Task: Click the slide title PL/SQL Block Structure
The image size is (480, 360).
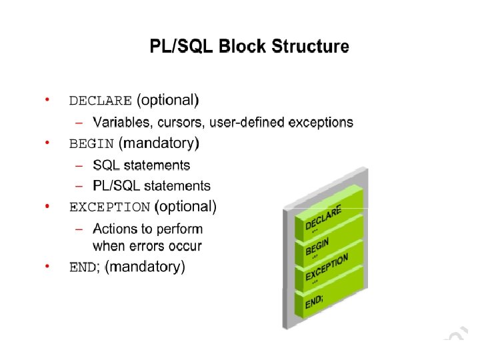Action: [248, 47]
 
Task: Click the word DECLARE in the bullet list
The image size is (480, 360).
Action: [101, 101]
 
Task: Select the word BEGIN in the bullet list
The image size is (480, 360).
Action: [92, 143]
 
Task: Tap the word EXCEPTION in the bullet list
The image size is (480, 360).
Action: [109, 207]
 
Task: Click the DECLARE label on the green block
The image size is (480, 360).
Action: [323, 218]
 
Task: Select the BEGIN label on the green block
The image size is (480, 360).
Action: [317, 246]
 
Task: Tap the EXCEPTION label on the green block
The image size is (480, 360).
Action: [327, 267]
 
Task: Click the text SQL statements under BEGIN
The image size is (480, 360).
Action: [141, 165]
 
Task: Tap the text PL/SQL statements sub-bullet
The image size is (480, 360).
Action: [151, 186]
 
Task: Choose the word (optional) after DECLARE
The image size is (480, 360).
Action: [167, 101]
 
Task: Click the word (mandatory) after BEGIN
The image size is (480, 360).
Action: [159, 143]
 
